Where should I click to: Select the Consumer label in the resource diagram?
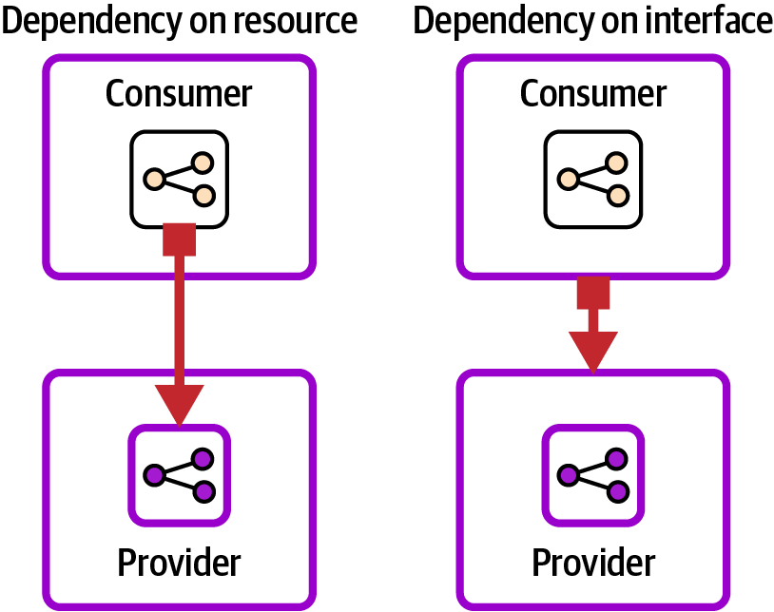[x=179, y=93]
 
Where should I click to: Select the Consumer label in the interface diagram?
[x=593, y=93]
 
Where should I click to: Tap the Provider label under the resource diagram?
[x=179, y=562]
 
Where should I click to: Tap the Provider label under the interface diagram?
[x=593, y=562]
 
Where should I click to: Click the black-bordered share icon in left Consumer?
[x=180, y=179]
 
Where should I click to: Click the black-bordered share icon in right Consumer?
[x=593, y=179]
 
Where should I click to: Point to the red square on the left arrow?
[x=180, y=239]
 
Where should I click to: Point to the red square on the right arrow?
[x=593, y=294]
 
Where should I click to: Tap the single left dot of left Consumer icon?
[x=154, y=179]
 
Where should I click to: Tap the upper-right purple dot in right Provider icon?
[x=617, y=459]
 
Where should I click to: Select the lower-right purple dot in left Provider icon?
[x=203, y=491]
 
